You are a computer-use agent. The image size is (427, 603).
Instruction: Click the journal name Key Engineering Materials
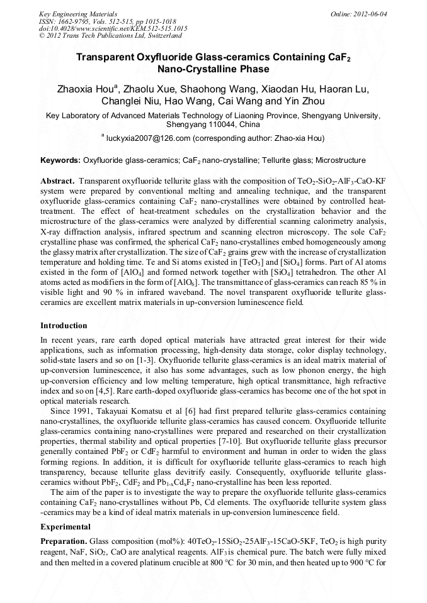click(x=78, y=13)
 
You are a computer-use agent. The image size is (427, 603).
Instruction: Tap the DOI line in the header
click(x=113, y=28)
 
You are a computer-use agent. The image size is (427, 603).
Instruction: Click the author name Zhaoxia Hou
click(x=84, y=88)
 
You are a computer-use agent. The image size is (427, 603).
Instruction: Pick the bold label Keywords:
click(x=60, y=160)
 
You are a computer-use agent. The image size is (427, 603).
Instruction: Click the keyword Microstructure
click(x=340, y=160)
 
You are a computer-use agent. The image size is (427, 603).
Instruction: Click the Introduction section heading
click(x=64, y=325)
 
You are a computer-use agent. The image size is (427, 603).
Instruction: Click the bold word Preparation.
click(x=64, y=541)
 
